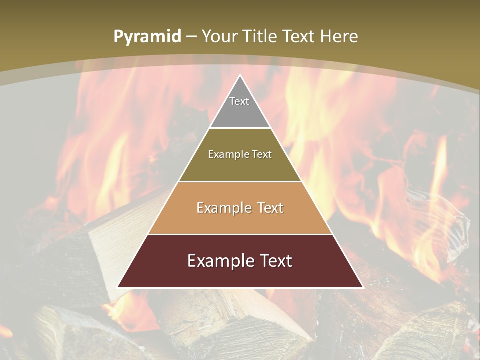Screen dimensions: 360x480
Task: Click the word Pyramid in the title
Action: pyautogui.click(x=147, y=37)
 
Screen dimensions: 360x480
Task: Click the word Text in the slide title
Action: pyautogui.click(x=300, y=36)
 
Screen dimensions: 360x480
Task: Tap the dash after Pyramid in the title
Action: pyautogui.click(x=191, y=37)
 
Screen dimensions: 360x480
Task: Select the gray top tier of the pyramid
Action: pyautogui.click(x=240, y=112)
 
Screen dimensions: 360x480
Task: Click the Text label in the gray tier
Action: pyautogui.click(x=239, y=101)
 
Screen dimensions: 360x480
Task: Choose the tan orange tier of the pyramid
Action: pyautogui.click(x=240, y=220)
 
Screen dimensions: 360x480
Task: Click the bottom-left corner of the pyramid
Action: pyautogui.click(x=118, y=287)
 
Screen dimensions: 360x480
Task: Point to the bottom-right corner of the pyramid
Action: pyautogui.click(x=363, y=287)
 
